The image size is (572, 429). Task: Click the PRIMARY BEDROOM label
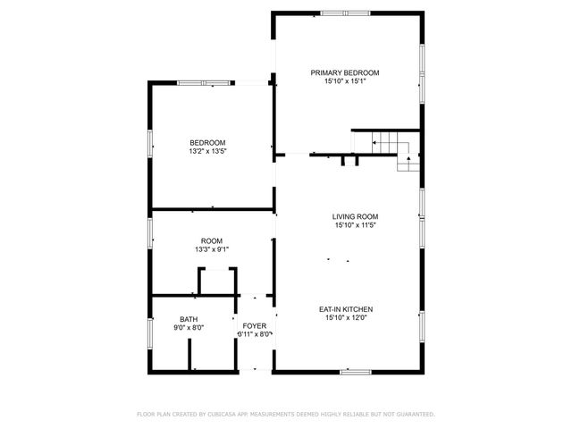[345, 72]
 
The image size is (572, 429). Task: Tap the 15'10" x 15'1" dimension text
[345, 81]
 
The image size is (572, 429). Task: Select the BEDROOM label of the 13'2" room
[207, 143]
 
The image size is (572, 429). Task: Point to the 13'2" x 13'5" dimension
[207, 152]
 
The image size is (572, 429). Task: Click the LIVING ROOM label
[356, 216]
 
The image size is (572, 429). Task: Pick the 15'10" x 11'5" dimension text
[356, 225]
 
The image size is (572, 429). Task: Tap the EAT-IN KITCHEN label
[345, 308]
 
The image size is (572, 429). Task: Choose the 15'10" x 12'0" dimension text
[345, 317]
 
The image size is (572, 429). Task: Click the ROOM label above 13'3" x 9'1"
[211, 240]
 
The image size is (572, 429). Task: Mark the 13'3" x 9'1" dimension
[211, 249]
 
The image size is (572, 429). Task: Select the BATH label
[189, 319]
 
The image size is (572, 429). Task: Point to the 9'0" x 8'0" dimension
[189, 328]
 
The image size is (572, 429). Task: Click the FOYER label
[254, 325]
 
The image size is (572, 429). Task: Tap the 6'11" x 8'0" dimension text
[254, 334]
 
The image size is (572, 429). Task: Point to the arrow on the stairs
[408, 161]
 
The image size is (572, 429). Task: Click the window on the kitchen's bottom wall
[355, 371]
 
